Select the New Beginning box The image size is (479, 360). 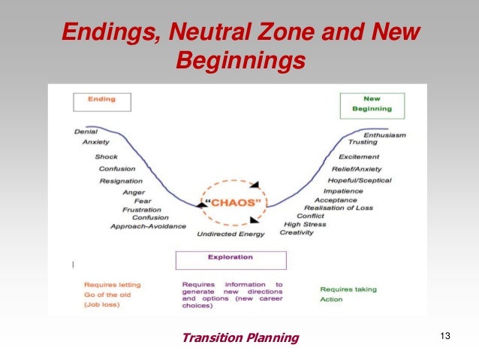372,104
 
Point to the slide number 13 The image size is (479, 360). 444,336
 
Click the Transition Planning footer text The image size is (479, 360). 239,337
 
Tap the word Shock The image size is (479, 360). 106,157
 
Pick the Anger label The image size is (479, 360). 134,192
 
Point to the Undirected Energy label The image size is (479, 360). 230,234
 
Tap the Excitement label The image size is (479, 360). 358,157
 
